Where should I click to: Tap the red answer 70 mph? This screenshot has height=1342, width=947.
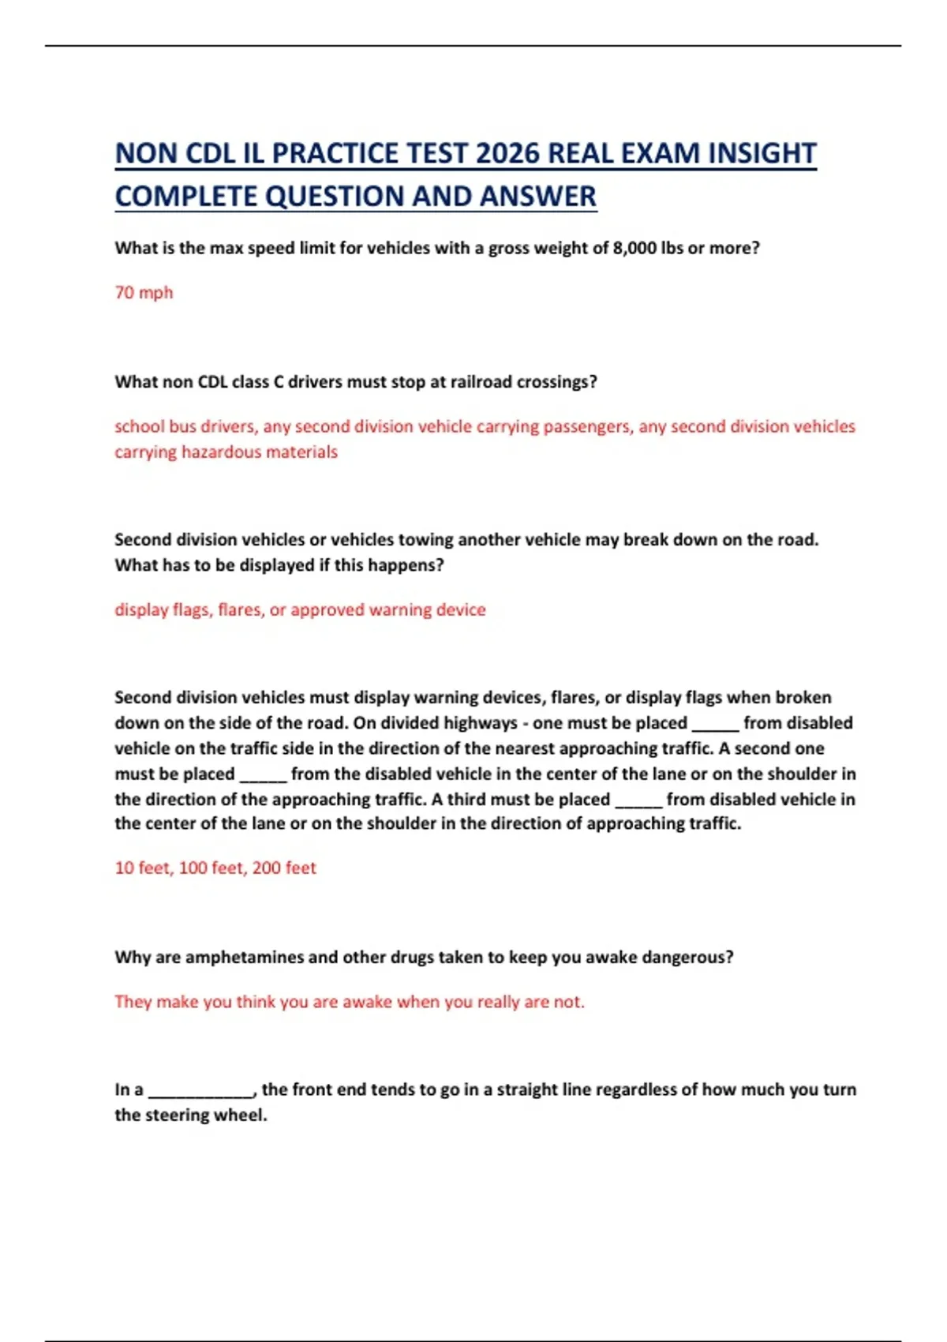pos(144,293)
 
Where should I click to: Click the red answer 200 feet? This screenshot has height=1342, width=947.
pos(284,868)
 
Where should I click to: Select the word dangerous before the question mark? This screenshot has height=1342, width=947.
pos(684,958)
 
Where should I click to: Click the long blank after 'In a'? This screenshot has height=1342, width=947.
pos(201,1091)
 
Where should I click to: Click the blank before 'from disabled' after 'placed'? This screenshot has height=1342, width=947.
pos(715,725)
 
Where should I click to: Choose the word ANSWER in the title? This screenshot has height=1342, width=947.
pos(537,197)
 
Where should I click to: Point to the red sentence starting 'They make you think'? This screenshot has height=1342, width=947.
pos(349,1002)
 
